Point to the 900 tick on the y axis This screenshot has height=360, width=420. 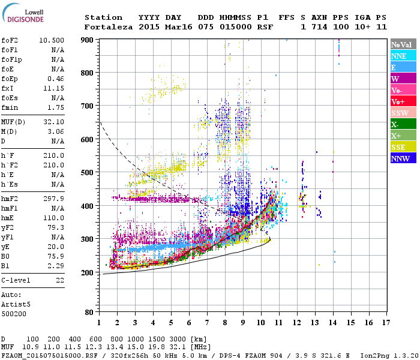click(x=87, y=40)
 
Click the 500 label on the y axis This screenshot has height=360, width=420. click(x=87, y=173)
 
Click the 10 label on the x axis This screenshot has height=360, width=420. click(x=261, y=323)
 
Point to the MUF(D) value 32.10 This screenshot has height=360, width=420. click(x=53, y=122)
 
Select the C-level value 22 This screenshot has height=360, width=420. click(x=59, y=280)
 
